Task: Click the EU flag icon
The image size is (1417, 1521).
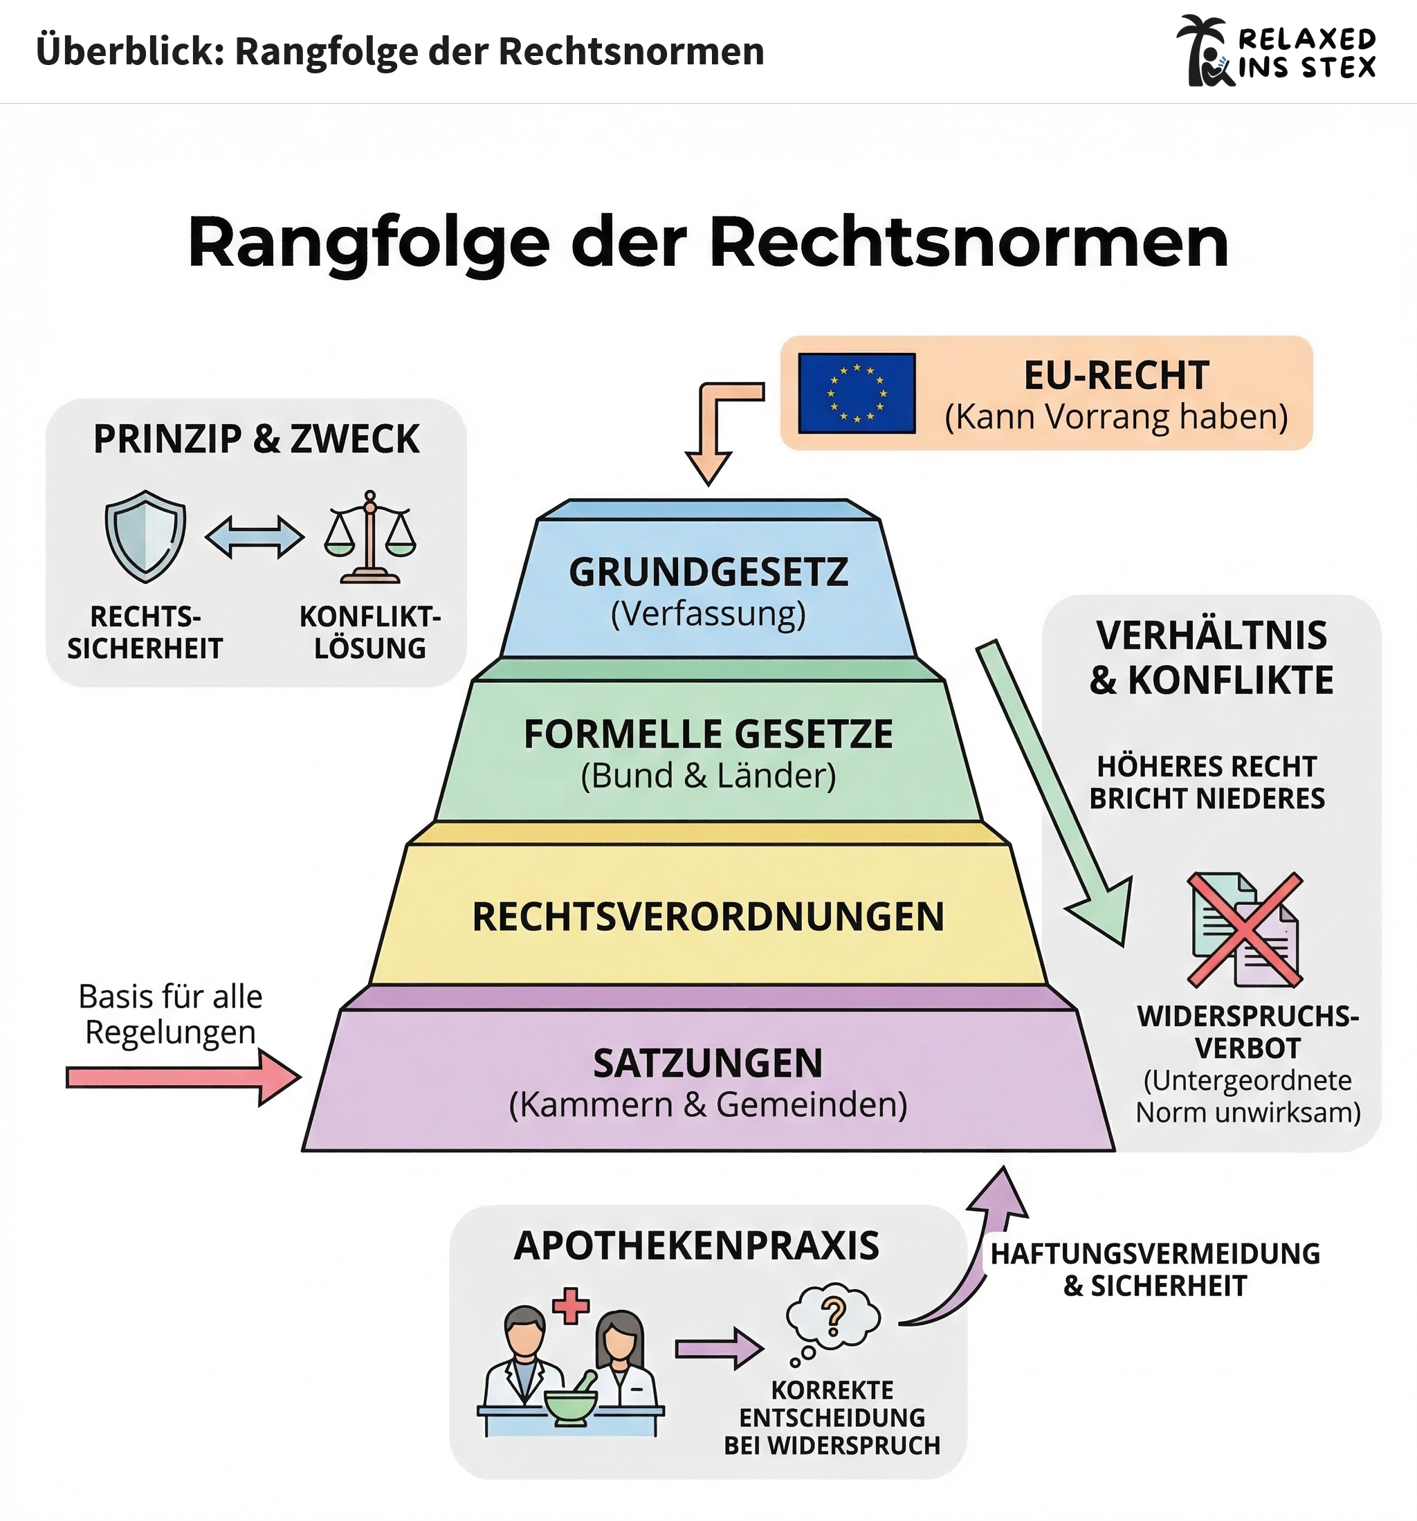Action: pos(856,393)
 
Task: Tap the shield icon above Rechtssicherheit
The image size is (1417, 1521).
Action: pos(145,536)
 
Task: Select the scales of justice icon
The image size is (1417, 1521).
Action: pos(370,537)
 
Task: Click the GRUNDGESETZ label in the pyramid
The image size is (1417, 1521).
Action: pos(708,572)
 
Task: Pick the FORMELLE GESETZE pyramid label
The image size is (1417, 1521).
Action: pos(708,734)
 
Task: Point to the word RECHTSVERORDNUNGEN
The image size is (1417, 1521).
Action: pos(708,917)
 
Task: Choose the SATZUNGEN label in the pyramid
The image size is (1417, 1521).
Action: pos(708,1064)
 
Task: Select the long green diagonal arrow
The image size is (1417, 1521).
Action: pos(1052,788)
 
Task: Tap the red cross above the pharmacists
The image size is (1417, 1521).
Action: pos(571,1305)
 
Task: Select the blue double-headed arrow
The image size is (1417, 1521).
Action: pos(255,536)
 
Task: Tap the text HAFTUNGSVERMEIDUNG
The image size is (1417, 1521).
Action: pos(1155,1254)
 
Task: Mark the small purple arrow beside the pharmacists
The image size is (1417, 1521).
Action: pos(718,1348)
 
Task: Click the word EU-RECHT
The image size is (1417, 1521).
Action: pos(1116,376)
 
